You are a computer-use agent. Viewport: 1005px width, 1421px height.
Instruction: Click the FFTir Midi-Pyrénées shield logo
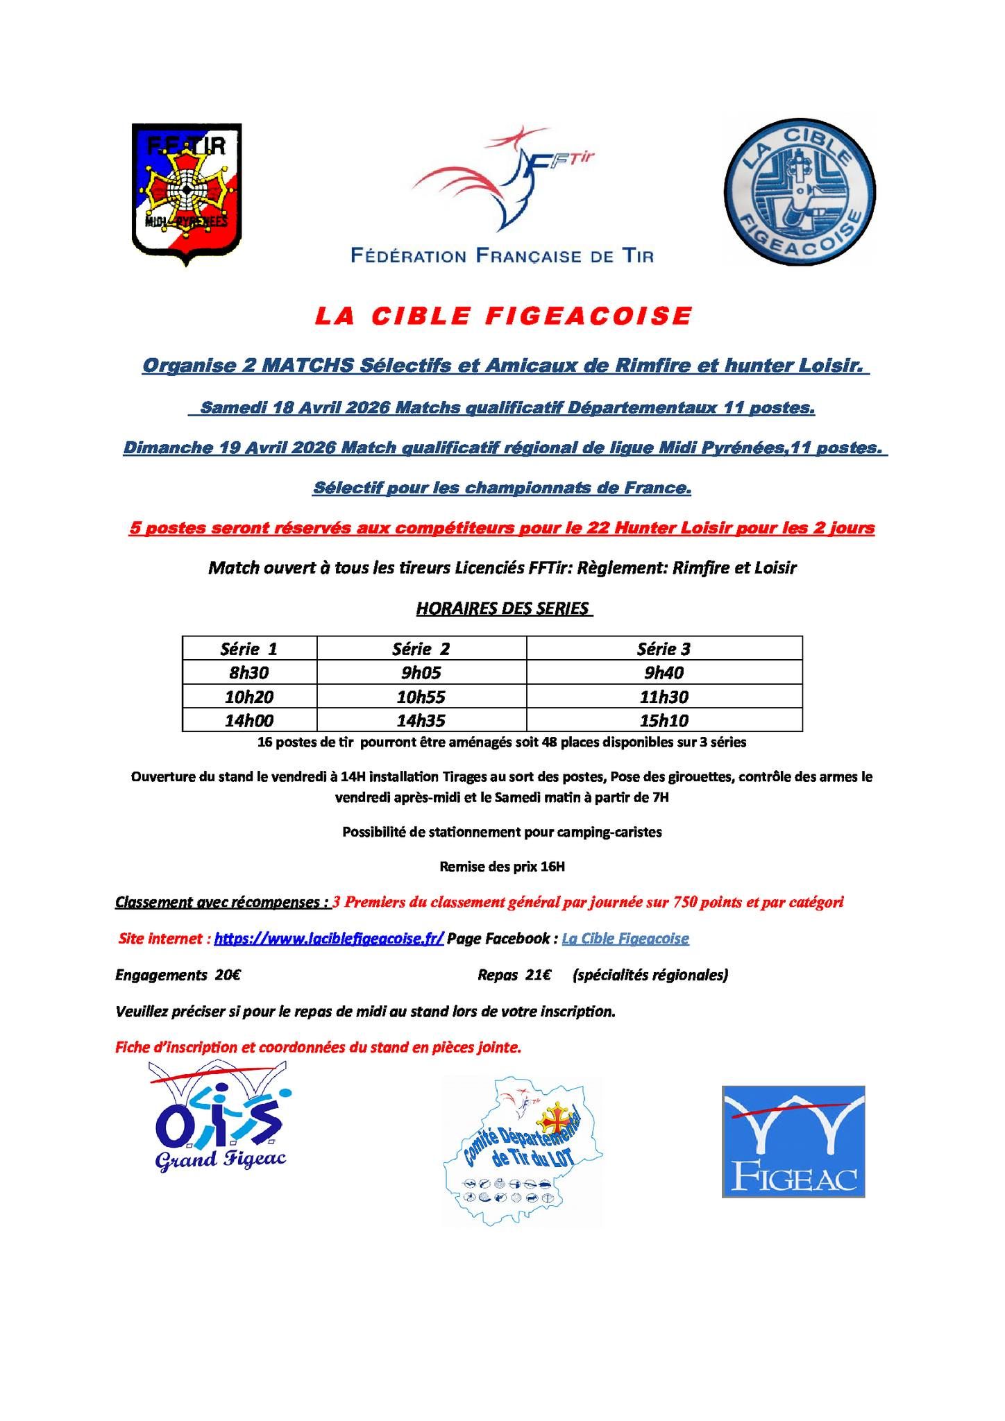[187, 194]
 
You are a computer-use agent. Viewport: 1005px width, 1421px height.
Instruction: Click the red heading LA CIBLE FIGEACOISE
[503, 316]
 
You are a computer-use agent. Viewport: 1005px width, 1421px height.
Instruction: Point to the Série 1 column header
[248, 649]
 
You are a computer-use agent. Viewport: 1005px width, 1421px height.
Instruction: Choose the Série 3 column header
[664, 649]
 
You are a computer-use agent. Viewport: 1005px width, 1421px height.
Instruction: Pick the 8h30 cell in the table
[248, 672]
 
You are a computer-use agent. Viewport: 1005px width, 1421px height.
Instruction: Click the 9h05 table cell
[421, 672]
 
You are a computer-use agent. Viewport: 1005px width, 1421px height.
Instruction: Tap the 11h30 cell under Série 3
[664, 696]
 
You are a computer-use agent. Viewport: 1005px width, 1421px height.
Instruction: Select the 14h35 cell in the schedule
[421, 720]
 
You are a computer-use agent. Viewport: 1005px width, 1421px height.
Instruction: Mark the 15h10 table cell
[664, 720]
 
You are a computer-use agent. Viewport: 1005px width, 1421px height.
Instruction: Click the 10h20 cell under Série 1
[248, 696]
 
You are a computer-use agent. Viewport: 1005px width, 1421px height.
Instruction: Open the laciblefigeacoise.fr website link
[329, 939]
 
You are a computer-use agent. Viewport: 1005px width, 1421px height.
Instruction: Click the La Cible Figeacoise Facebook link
[625, 939]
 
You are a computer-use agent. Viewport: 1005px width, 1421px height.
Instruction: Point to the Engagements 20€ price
[178, 975]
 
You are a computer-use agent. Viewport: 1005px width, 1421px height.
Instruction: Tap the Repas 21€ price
[514, 975]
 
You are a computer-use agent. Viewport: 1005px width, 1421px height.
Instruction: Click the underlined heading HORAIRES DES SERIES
[502, 609]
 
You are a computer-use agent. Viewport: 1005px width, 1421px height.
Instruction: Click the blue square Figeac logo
[793, 1141]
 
